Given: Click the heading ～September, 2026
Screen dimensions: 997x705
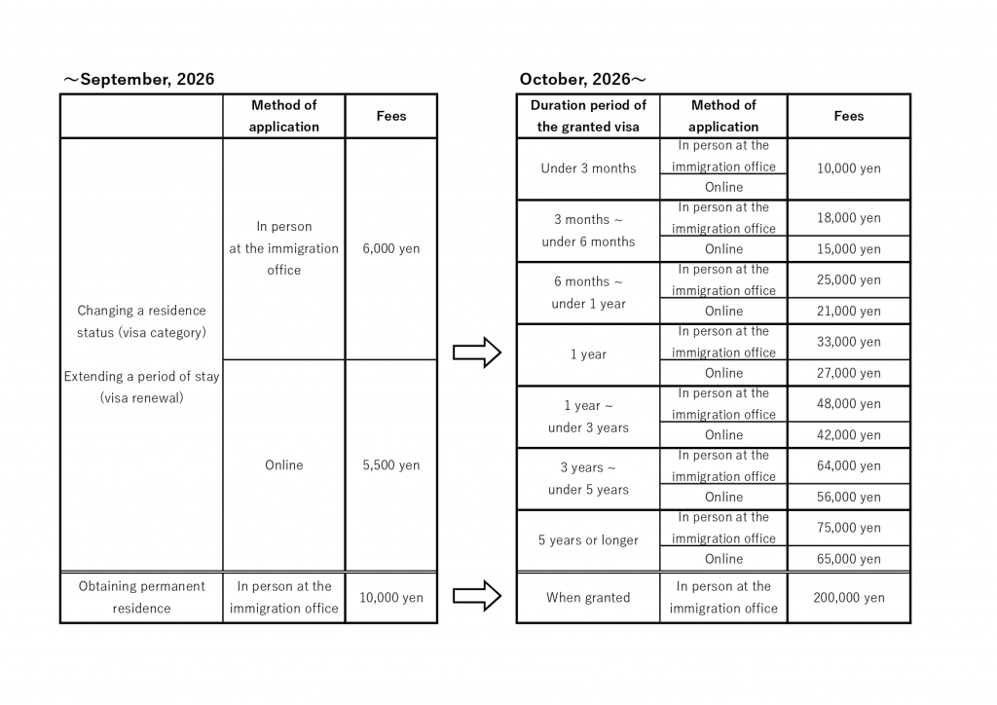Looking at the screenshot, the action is pos(138,80).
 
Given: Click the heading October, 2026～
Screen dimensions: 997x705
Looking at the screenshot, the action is pos(582,80).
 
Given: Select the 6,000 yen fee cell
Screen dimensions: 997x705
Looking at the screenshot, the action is pos(391,248).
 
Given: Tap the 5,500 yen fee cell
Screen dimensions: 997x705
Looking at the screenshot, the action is pos(391,464).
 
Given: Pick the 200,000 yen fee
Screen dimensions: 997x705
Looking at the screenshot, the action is pos(849,598).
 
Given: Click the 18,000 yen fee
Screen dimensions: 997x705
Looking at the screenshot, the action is pos(849,218).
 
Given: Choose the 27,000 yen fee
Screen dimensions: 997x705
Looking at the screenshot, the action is pos(849,373).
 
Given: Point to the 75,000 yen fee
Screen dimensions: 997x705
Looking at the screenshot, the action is pos(849,528).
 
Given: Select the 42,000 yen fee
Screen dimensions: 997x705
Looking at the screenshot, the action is pos(849,435).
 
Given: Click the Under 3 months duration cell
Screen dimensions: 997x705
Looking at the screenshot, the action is pos(588,168).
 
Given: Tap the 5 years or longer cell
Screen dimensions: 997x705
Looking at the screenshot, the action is pos(588,540).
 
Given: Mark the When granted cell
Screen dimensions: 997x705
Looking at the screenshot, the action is pos(588,598).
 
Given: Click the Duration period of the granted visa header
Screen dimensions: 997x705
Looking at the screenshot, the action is pos(588,116).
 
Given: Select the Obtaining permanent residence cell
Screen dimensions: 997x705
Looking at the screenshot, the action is pos(142,597).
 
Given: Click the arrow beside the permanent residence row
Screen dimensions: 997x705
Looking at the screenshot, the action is pos(477,596).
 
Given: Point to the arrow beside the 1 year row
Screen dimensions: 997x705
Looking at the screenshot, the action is pos(477,352).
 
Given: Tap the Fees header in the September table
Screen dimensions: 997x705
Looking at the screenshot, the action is pos(391,116).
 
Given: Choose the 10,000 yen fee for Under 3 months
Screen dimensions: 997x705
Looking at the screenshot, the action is pos(849,168).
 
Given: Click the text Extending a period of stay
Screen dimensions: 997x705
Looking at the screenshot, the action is pos(142,376).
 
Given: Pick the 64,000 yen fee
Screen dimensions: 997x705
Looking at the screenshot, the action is pos(849,466).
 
